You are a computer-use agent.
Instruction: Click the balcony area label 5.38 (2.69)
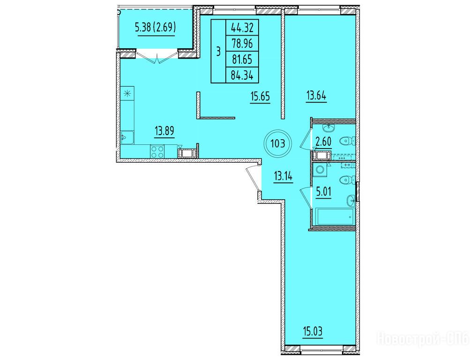(x=156, y=28)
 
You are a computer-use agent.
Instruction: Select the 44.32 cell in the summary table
(x=242, y=28)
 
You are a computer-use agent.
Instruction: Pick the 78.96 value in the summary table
(x=242, y=44)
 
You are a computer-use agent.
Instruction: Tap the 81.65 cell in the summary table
(x=242, y=59)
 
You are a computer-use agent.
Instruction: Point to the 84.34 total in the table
(x=242, y=75)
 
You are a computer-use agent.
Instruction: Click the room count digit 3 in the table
(x=218, y=52)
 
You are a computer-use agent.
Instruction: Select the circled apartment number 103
(x=278, y=143)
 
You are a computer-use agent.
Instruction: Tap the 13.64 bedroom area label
(x=316, y=96)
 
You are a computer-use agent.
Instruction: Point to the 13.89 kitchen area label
(x=164, y=131)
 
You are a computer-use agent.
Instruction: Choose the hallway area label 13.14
(x=283, y=176)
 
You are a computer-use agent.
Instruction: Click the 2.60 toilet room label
(x=323, y=142)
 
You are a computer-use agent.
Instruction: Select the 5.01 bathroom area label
(x=323, y=192)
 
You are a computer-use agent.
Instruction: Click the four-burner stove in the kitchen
(x=157, y=151)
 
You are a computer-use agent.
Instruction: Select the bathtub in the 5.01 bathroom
(x=334, y=217)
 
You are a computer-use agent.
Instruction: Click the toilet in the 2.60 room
(x=348, y=141)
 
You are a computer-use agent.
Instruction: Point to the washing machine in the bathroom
(x=320, y=171)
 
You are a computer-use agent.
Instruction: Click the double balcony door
(x=157, y=58)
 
